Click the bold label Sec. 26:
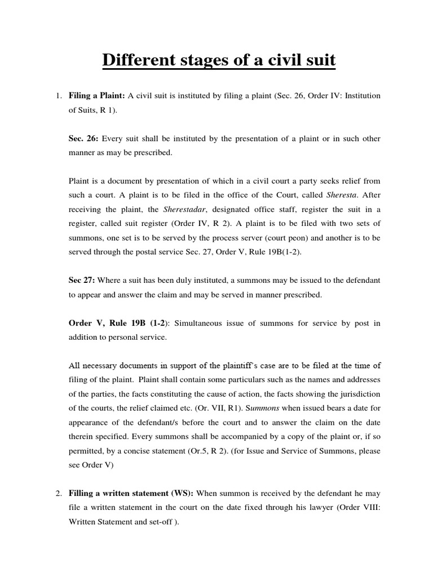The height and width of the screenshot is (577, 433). click(x=82, y=139)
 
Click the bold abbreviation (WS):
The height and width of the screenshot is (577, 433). click(x=180, y=494)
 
